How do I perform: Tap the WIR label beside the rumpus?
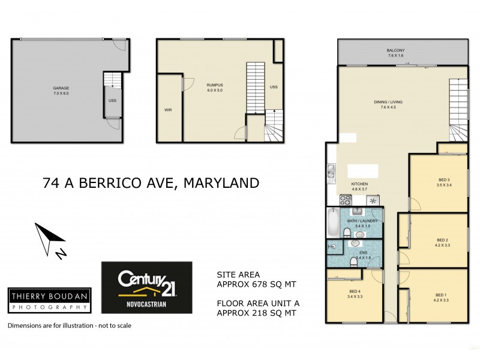click(168, 110)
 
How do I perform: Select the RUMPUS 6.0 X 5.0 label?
click(215, 88)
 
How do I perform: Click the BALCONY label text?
click(396, 50)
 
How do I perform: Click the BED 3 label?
click(443, 181)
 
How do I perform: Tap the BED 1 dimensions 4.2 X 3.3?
click(442, 300)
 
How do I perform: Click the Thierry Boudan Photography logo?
click(49, 299)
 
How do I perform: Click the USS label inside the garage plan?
click(112, 100)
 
